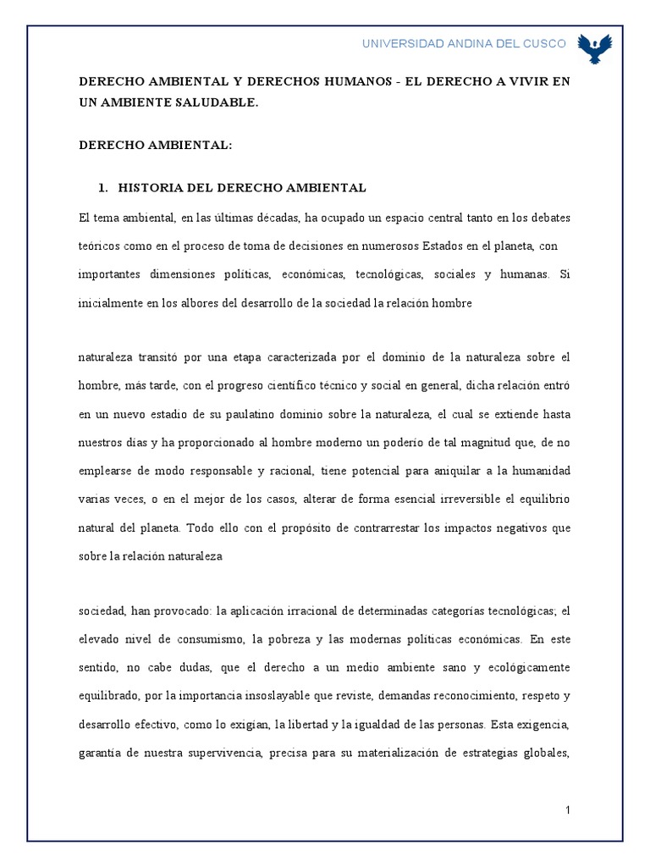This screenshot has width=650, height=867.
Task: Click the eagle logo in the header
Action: [594, 48]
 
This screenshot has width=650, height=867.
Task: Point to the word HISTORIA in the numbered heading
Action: [152, 187]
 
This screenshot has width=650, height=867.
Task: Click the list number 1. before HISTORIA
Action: [105, 187]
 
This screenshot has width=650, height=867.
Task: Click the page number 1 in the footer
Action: [569, 809]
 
